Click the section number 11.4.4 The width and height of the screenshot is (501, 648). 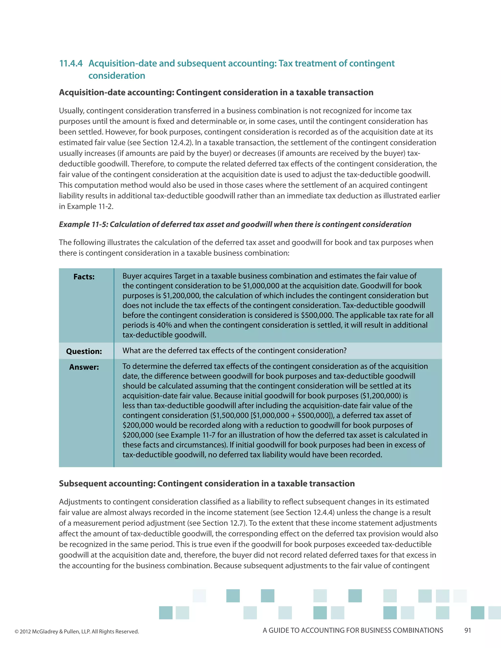click(x=71, y=64)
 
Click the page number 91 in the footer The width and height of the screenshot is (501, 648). click(x=467, y=630)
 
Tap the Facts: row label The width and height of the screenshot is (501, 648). click(x=84, y=277)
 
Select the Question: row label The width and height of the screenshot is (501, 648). click(x=84, y=351)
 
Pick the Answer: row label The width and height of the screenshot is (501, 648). click(x=84, y=367)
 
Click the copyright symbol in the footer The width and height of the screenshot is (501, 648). click(x=17, y=632)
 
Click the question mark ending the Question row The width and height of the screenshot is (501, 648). click(x=345, y=351)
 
